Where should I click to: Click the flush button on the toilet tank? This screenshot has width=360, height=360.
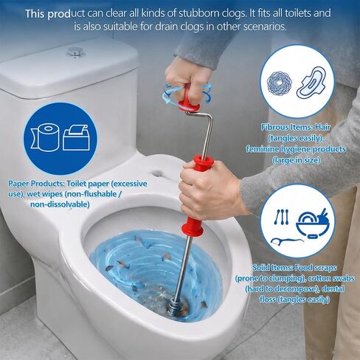(x=76, y=52)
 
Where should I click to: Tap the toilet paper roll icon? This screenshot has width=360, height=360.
(x=46, y=137)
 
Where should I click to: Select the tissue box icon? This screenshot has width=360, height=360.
(x=76, y=137)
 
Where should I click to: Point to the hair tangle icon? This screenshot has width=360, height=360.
(x=280, y=83)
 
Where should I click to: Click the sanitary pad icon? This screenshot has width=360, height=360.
(x=311, y=83)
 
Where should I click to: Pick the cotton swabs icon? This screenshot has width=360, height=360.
(x=281, y=217)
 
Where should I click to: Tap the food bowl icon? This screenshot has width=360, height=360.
(x=312, y=224)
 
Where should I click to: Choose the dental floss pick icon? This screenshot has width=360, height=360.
(x=286, y=241)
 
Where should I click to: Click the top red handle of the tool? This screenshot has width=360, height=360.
(x=188, y=98)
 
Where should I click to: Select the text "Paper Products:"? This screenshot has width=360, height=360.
(x=36, y=184)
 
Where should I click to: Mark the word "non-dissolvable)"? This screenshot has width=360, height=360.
(x=60, y=204)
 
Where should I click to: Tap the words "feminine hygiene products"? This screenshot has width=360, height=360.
(x=296, y=149)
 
